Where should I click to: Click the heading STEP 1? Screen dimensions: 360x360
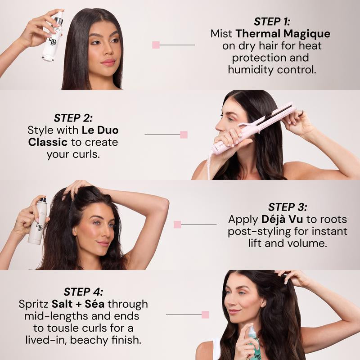point(272,21)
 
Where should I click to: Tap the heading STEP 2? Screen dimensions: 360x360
point(73,118)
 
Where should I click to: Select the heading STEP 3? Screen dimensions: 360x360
point(288,207)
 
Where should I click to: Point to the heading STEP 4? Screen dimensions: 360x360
point(83,291)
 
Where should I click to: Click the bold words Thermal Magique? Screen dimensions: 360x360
point(283,34)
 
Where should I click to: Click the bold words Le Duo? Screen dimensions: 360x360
point(99,130)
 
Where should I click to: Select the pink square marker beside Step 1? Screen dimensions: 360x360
point(156,45)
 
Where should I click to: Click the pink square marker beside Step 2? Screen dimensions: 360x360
point(184,135)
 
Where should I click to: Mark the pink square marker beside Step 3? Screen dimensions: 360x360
point(177,225)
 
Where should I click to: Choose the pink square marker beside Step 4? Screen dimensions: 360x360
point(205,315)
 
